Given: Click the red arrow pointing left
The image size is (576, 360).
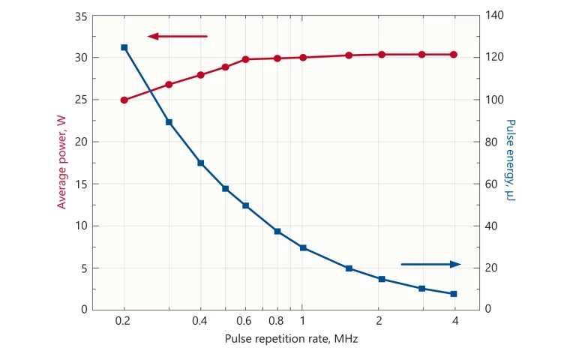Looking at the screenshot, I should click(x=177, y=36).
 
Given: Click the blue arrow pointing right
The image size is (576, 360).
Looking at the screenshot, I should click(x=430, y=264).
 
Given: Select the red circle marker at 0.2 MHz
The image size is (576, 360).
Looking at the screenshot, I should click(x=124, y=100).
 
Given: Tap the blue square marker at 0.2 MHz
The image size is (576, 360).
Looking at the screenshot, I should click(x=124, y=47).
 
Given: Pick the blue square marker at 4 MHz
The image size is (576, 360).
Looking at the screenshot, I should click(x=454, y=294).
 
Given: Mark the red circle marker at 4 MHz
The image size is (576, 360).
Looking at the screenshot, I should click(x=454, y=55).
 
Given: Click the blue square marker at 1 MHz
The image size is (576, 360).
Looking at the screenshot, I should click(x=303, y=247).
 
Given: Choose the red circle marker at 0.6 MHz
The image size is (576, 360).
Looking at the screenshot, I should click(x=245, y=59).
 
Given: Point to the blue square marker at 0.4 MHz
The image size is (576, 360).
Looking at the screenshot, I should click(x=201, y=163).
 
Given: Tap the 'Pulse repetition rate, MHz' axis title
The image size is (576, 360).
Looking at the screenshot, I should click(x=292, y=339).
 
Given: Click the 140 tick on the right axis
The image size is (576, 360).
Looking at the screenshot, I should click(x=495, y=16).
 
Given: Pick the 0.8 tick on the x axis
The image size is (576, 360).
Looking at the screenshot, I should click(x=275, y=321).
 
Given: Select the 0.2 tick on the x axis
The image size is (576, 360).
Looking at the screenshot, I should click(x=124, y=321).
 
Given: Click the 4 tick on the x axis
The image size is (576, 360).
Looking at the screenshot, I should click(x=454, y=321).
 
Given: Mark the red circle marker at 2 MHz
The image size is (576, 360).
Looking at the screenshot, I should click(x=381, y=55).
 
